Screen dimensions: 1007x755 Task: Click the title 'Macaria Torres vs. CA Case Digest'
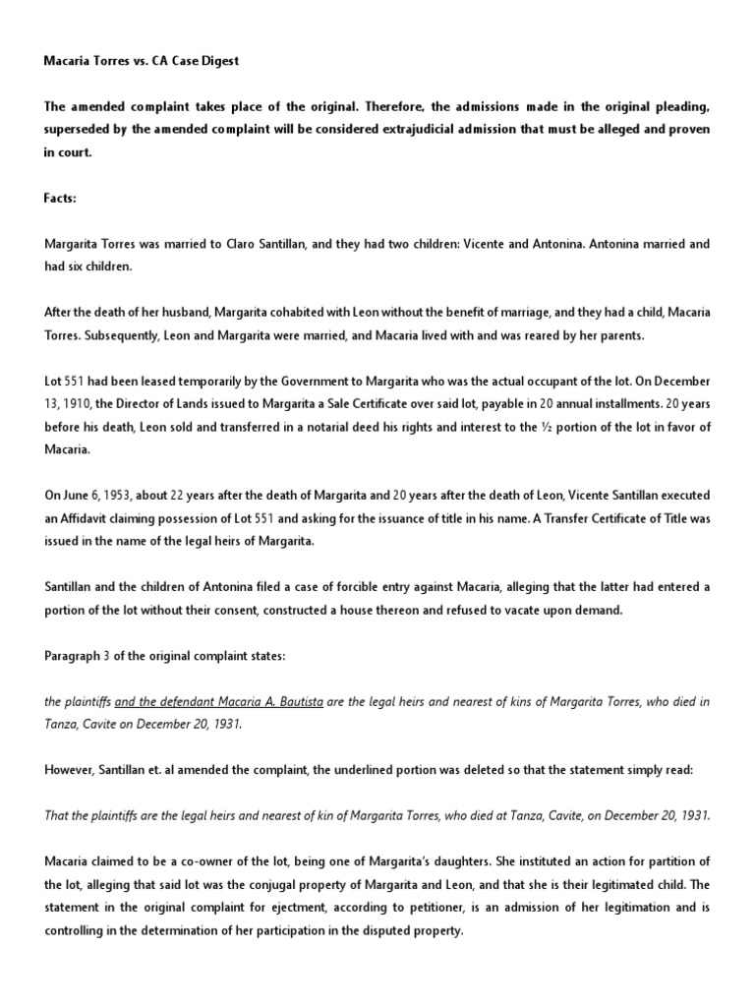click(141, 61)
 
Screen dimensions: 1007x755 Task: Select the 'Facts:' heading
click(62, 198)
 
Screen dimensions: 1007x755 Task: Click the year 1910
click(83, 403)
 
